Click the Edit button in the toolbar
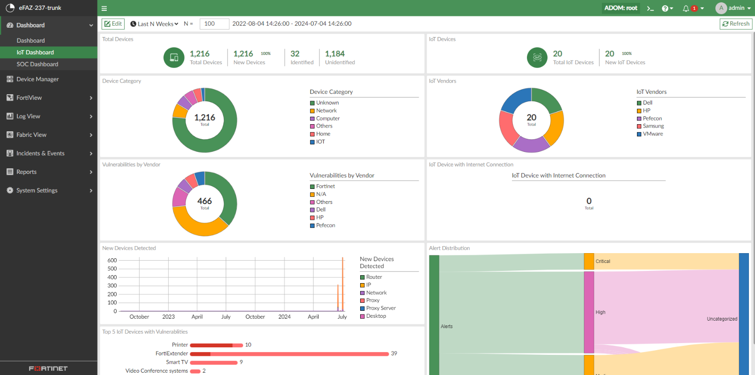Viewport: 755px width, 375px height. pos(113,24)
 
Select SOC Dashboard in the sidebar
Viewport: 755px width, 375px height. pos(37,64)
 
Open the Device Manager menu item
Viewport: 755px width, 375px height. pos(37,79)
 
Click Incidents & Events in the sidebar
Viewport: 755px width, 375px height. pos(40,153)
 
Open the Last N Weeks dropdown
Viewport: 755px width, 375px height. pos(155,24)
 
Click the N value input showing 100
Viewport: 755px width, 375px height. pos(214,24)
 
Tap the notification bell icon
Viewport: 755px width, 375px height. pos(686,8)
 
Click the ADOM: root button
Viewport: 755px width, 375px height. pos(621,8)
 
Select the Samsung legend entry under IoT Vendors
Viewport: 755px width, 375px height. pos(653,126)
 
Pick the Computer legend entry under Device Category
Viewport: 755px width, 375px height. pos(327,119)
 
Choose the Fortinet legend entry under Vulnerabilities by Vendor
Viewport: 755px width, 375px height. pos(325,186)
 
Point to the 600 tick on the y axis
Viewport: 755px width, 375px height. pos(112,261)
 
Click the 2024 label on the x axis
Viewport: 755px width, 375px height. pos(284,317)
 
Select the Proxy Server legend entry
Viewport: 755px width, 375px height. pos(380,308)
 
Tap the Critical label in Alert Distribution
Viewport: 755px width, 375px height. pos(603,262)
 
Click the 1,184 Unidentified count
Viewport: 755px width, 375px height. pos(334,54)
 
